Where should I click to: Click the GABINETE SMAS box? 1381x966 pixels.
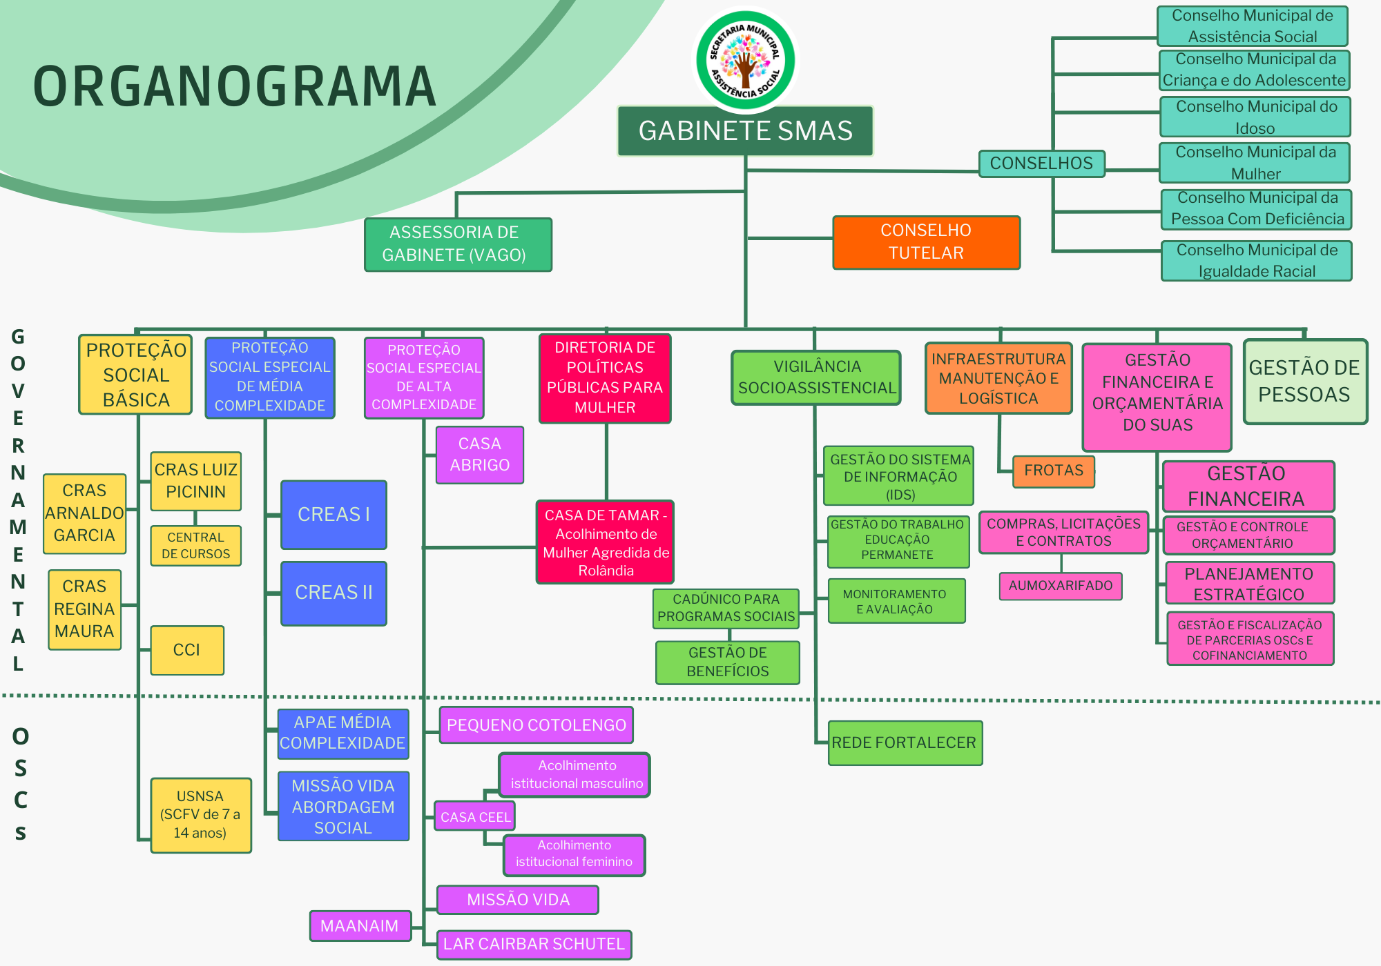[x=745, y=131]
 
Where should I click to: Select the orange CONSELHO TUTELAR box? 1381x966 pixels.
[x=926, y=242]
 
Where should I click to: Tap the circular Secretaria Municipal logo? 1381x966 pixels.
[x=745, y=60]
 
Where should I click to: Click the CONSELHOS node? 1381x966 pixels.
[x=1041, y=164]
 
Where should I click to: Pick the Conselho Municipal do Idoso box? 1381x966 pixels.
[x=1255, y=117]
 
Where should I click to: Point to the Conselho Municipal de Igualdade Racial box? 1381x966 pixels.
[x=1257, y=261]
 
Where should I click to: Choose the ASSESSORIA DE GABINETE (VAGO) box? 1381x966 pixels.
[x=458, y=244]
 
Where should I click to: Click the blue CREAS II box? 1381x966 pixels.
[x=334, y=593]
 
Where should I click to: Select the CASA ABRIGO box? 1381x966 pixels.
[x=480, y=455]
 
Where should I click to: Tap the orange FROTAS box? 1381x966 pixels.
[x=1054, y=471]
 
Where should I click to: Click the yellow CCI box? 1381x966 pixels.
[x=187, y=650]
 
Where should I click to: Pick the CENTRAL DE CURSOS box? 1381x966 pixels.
[x=196, y=546]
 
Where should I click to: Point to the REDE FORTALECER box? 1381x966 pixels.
[x=905, y=743]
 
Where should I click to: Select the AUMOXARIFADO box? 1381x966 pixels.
[x=1061, y=586]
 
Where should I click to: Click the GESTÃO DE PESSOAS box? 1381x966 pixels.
[x=1304, y=382]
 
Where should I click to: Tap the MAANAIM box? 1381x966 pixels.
[x=360, y=926]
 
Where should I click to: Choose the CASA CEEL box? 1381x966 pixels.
[x=475, y=817]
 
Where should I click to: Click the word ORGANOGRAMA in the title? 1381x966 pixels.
[x=235, y=87]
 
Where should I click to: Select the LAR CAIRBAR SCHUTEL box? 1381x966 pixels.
[x=534, y=945]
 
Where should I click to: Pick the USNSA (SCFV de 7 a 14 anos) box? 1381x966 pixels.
[x=200, y=815]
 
